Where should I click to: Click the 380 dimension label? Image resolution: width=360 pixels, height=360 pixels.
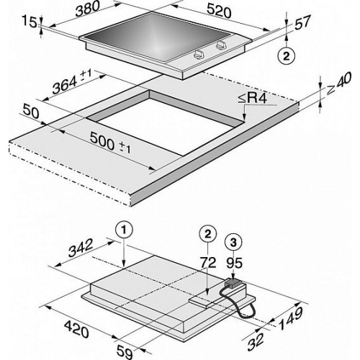click(x=87, y=9)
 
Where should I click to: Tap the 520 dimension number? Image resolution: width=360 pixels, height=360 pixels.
click(x=219, y=12)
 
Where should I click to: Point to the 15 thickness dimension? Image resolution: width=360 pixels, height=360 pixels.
click(x=30, y=22)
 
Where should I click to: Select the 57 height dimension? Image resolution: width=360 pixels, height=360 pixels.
click(x=302, y=22)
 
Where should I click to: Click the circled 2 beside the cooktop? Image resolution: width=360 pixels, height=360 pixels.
click(x=287, y=57)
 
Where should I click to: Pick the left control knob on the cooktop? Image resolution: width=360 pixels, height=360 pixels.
click(x=199, y=55)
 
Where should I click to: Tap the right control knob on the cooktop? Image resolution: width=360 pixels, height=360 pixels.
click(x=221, y=45)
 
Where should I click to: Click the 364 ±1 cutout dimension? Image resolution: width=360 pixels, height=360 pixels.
click(x=72, y=82)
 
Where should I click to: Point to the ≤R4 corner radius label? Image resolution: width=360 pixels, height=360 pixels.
click(x=253, y=99)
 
